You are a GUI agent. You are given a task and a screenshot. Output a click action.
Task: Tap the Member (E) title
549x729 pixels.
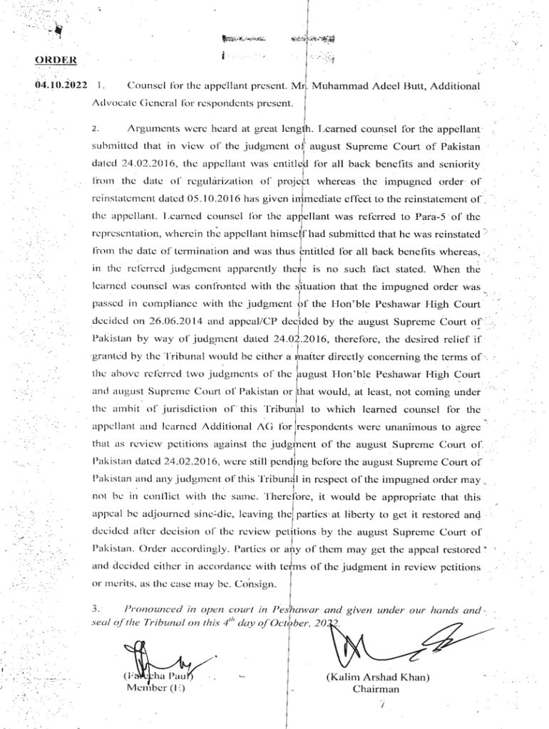155,688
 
